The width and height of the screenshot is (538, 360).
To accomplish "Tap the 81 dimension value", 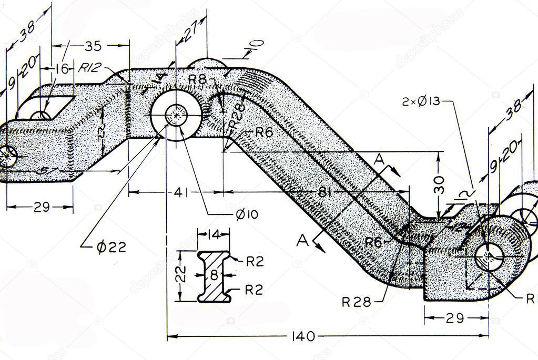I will [324, 192].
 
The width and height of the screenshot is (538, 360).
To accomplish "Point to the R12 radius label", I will [90, 68].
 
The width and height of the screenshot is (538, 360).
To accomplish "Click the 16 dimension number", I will [62, 68].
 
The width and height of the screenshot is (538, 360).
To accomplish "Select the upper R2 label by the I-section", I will [255, 262].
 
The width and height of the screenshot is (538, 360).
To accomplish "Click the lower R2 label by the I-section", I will [255, 289].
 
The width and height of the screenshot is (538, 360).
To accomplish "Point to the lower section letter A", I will [302, 241].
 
